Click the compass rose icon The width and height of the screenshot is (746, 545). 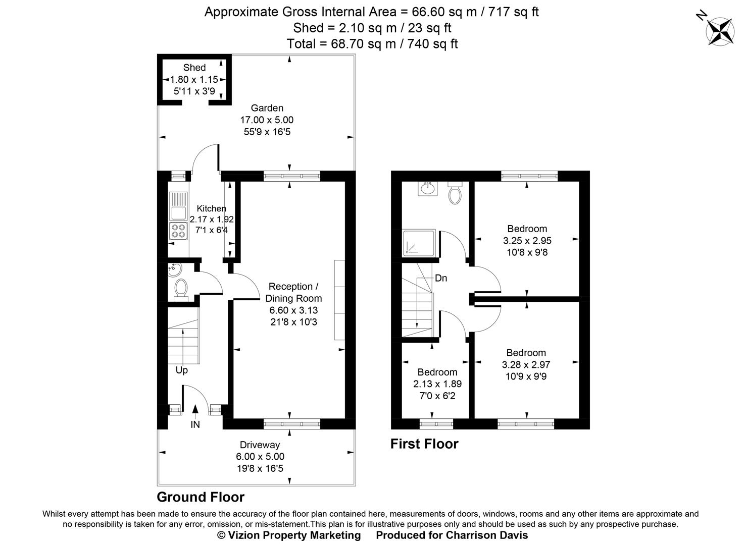tap(719, 30)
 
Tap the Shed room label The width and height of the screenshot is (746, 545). tap(194, 68)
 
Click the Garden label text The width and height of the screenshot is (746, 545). tap(267, 108)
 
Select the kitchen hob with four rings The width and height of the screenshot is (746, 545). tap(178, 231)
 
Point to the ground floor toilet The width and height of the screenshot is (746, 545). tap(181, 290)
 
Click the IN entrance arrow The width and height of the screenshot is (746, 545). tap(195, 411)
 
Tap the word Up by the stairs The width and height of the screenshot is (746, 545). tap(182, 370)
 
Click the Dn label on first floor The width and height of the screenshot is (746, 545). tap(441, 278)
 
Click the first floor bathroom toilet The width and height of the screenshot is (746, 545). tap(455, 194)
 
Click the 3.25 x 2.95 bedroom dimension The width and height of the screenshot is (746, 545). tap(527, 241)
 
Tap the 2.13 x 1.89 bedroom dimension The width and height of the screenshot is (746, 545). tap(437, 384)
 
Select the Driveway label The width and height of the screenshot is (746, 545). tap(260, 445)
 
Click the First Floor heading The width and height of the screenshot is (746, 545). tap(424, 444)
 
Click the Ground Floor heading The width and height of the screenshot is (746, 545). tap(201, 498)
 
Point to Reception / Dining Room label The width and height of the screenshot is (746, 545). tap(293, 292)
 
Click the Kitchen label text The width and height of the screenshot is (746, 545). tap(212, 208)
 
